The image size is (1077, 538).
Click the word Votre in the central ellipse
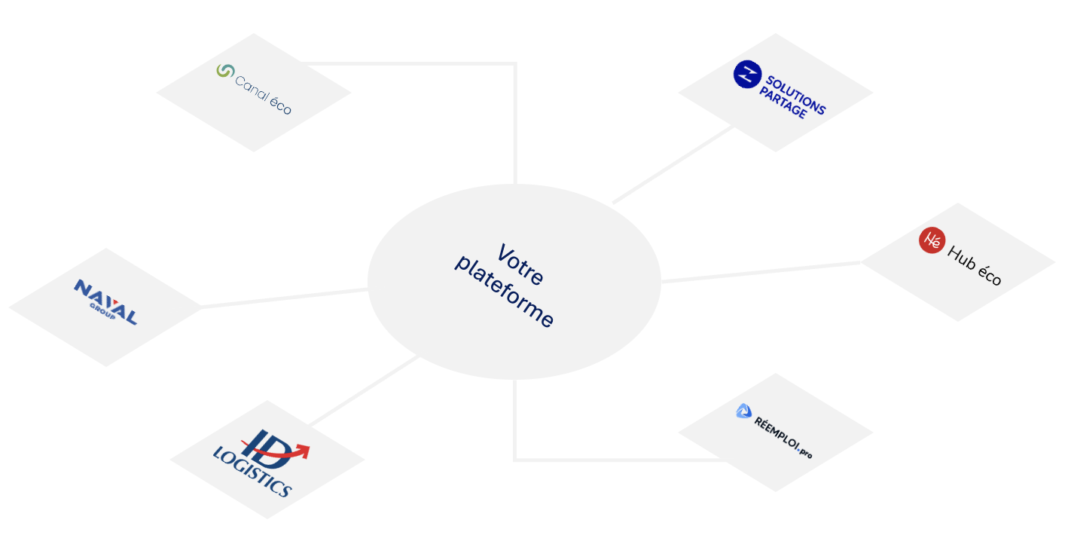(x=520, y=264)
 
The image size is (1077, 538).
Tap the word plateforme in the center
(x=504, y=292)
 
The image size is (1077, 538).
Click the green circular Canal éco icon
(x=225, y=71)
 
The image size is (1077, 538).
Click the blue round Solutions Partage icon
(x=747, y=75)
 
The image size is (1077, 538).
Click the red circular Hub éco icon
(x=932, y=240)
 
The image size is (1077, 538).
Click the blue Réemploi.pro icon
(x=743, y=411)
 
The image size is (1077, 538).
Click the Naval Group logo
(x=105, y=301)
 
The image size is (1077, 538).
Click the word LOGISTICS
(x=252, y=473)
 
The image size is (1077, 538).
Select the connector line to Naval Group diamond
(x=285, y=298)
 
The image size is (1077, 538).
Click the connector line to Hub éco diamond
(x=761, y=272)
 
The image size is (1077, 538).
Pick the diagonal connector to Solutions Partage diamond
(x=673, y=164)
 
